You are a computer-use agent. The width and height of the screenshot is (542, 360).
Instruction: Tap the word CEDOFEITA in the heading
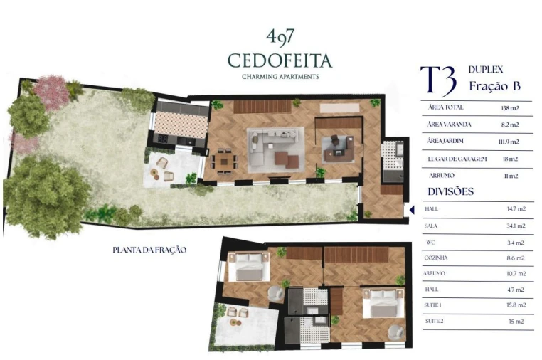(x=280, y=60)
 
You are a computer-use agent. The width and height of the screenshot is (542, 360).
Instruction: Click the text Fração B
(x=494, y=86)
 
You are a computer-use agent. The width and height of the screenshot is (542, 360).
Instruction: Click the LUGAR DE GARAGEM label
(x=455, y=159)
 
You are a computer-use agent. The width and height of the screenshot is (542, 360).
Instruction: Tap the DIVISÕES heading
(x=450, y=191)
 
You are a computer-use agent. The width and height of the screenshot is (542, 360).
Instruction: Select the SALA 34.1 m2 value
(x=516, y=226)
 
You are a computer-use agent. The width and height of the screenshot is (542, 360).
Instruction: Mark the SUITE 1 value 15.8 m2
(x=516, y=305)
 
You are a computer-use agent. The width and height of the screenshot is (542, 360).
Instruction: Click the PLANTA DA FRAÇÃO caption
(x=149, y=250)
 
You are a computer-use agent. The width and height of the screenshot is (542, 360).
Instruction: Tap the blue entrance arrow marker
(x=412, y=210)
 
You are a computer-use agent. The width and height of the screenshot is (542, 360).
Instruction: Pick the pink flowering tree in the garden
(x=52, y=92)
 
